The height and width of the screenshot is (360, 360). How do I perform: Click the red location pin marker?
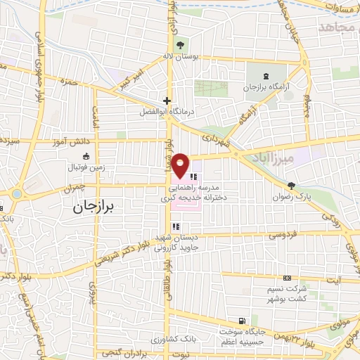tap(181, 165)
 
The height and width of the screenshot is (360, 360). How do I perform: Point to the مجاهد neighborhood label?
tap(333, 27)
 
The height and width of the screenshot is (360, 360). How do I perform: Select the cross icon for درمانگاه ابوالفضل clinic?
tap(167, 101)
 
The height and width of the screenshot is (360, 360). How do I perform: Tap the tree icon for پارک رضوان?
tap(292, 186)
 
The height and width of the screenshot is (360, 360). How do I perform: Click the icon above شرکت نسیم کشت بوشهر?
tap(287, 278)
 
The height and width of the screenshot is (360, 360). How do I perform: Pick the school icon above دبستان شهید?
tap(176, 226)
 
